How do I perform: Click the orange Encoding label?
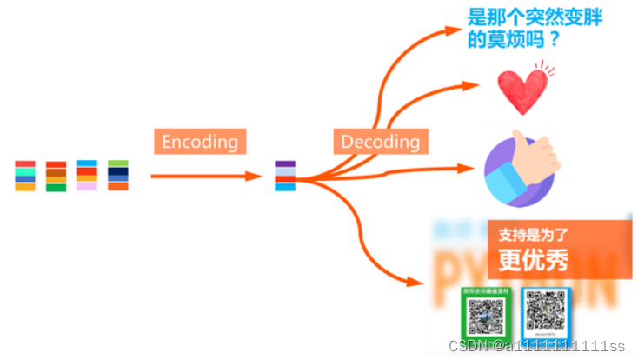coord(199,141)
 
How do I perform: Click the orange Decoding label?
coord(380,141)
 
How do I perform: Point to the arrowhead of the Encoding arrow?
coord(254,176)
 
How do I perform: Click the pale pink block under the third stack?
coord(87,185)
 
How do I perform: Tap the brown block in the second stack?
coord(56,172)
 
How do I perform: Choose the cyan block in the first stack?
coord(25,171)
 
